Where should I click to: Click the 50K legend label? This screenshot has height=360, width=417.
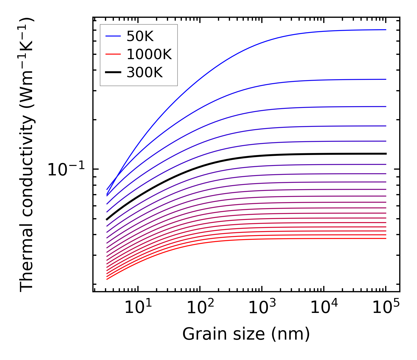click(140, 36)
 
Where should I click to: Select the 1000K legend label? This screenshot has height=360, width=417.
click(149, 54)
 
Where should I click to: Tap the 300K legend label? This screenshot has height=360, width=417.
click(145, 73)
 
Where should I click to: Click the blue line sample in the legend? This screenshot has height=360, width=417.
click(113, 36)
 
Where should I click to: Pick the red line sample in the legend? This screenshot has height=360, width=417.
click(113, 54)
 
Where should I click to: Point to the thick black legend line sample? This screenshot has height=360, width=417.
click(113, 73)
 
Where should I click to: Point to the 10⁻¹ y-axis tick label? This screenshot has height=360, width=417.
click(66, 170)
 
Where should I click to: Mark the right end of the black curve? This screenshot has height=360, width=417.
click(386, 154)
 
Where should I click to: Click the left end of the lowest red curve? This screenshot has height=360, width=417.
click(107, 279)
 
